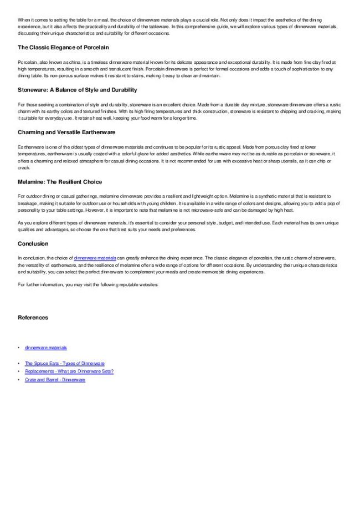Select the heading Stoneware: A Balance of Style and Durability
click(77, 90)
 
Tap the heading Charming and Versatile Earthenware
click(66, 132)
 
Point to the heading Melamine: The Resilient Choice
click(60, 182)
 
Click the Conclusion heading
click(33, 243)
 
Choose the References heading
click(33, 318)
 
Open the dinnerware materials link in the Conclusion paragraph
click(95, 258)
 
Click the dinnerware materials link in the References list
click(46, 347)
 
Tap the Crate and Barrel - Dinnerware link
click(55, 380)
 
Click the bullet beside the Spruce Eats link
click(19, 364)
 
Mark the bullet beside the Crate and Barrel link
click(19, 380)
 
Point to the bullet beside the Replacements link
click(19, 371)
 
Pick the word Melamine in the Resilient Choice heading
click(32, 182)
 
